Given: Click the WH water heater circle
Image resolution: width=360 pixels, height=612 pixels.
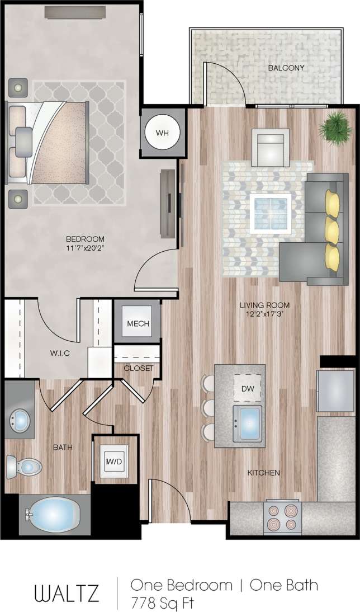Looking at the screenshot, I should [x=162, y=133].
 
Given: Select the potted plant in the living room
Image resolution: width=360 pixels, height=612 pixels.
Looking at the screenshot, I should [x=335, y=126].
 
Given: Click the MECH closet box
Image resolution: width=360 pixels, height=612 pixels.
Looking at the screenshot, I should [x=137, y=324].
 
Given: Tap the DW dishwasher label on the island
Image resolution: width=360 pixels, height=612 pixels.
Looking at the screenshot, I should [x=248, y=388].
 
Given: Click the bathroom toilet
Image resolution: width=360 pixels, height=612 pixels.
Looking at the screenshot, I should [x=23, y=465].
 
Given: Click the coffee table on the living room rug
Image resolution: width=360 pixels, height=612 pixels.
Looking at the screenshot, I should [x=271, y=213].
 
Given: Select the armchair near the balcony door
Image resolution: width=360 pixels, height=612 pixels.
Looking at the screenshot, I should [x=270, y=148].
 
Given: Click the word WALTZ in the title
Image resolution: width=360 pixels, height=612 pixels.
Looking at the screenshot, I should [x=67, y=593].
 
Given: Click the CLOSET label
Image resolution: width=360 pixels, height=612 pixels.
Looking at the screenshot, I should [x=138, y=368].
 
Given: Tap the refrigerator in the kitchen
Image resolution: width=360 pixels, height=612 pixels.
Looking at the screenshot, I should [x=335, y=390].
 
